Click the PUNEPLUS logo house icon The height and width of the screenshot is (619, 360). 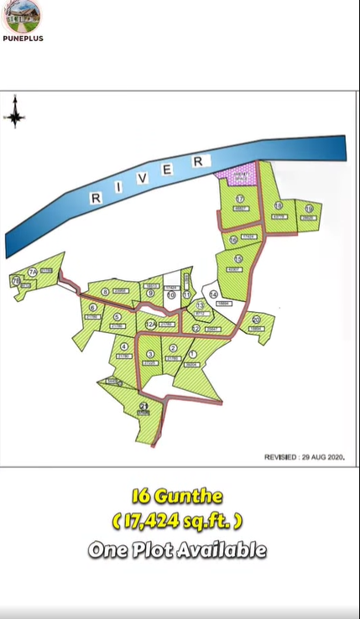point(23,16)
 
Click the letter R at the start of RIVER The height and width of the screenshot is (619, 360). point(96,198)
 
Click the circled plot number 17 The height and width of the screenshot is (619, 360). point(240,198)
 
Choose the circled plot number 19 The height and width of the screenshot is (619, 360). point(309,208)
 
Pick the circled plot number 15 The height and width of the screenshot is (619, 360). point(238,259)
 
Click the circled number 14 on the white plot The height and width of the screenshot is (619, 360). point(214,294)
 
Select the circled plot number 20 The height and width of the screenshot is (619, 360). point(256,320)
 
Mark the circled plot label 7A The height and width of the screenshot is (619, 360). point(32,272)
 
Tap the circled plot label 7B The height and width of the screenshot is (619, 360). point(16,282)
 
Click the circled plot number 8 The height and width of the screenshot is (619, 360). point(105,292)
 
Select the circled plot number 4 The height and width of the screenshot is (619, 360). point(124,346)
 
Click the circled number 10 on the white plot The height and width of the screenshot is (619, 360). point(170,294)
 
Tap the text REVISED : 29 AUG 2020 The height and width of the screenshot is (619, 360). point(305,457)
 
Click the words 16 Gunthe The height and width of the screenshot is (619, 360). point(176,497)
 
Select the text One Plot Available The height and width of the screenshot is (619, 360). point(177,550)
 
